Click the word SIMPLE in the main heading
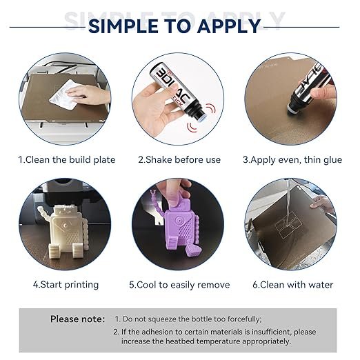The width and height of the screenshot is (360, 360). point(123,26)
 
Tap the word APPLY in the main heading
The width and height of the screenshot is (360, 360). point(228,26)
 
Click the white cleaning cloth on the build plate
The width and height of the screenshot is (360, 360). point(63,94)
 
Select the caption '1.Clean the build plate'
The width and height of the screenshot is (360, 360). point(67,160)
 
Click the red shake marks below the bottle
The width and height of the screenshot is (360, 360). point(192,127)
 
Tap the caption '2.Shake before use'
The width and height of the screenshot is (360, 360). point(179,160)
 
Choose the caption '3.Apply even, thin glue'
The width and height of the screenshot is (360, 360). point(292,160)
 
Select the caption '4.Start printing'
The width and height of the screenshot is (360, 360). point(66,285)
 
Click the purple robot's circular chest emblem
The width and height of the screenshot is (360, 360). point(179,221)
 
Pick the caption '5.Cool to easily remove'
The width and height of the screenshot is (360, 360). point(179,285)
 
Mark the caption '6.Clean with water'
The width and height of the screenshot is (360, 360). point(293,285)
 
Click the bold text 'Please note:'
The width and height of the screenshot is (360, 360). point(77,319)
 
